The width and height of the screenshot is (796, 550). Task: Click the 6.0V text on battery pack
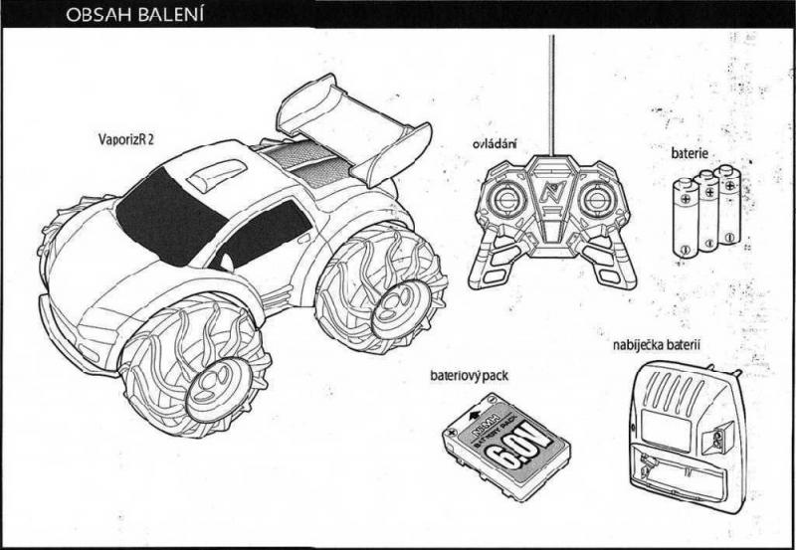coord(503,448)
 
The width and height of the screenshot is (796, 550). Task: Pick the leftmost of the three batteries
coord(685,219)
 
